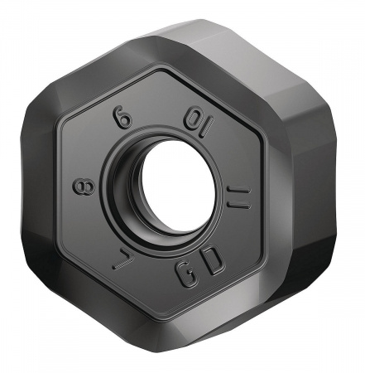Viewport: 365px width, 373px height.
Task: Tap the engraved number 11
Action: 238,198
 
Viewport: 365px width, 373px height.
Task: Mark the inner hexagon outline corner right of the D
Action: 246,283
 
